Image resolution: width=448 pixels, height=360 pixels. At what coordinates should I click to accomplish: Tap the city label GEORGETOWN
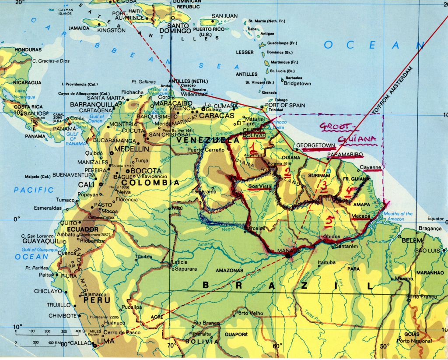(315, 145)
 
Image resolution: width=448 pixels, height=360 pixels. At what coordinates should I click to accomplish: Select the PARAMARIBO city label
(345, 155)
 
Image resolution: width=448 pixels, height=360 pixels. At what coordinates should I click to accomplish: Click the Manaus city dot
(288, 255)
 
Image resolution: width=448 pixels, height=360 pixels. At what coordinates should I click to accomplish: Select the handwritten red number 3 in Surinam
(324, 187)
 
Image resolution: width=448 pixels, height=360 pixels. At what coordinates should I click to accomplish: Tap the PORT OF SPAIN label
(284, 105)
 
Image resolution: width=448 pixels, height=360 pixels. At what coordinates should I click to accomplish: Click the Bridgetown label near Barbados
(297, 83)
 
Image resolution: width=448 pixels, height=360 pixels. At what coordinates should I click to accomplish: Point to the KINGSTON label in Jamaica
(111, 30)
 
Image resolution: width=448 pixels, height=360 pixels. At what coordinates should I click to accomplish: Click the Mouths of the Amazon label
(398, 216)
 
